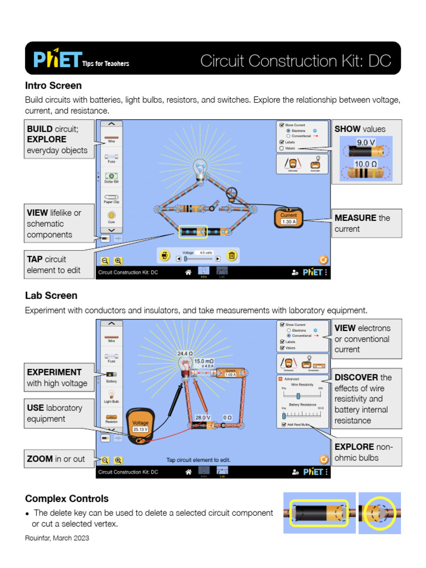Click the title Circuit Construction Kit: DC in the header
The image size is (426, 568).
coord(296,60)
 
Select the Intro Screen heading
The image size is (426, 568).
coord(53,85)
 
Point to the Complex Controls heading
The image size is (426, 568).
coord(67,498)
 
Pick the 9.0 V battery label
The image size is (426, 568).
coord(366,143)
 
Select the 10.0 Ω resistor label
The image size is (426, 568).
coord(366,164)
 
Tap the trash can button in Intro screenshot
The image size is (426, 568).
coord(232,255)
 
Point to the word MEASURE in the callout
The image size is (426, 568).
coord(355,218)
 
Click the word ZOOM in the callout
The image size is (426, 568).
coord(40,459)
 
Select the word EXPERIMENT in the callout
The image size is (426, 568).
coord(54,372)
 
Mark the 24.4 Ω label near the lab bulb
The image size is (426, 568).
coord(185,353)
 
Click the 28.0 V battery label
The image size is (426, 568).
coord(202,417)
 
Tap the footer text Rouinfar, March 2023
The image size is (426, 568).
coord(57,538)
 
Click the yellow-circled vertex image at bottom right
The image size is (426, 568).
coord(379,513)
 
